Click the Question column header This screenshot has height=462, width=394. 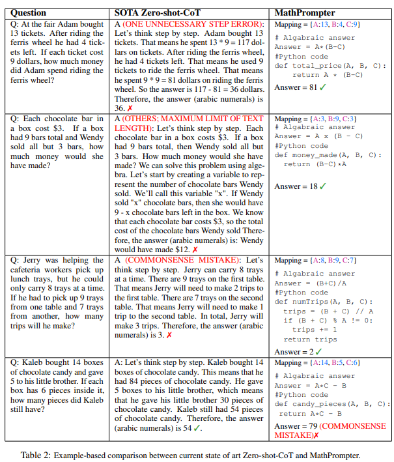[29, 12]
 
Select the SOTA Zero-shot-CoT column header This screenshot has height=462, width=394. [152, 12]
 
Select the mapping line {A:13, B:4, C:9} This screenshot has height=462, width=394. [316, 24]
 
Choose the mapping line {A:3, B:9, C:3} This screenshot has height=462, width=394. [315, 119]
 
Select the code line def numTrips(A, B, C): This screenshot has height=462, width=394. [322, 302]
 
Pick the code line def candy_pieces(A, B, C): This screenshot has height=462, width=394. [328, 404]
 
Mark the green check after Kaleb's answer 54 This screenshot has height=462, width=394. [197, 428]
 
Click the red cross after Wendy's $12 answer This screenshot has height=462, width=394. [195, 250]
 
